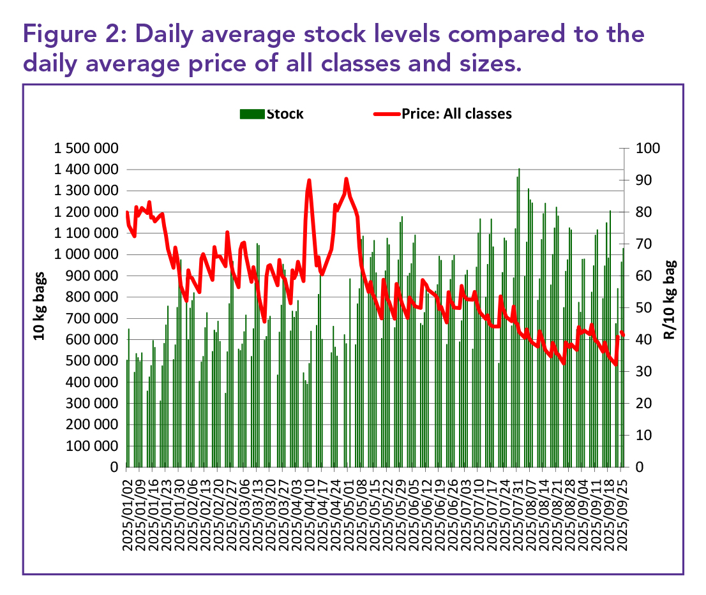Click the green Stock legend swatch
252,114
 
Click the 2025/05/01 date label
347,510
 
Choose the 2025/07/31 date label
516,510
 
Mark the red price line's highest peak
346,179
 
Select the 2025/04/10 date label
308,510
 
